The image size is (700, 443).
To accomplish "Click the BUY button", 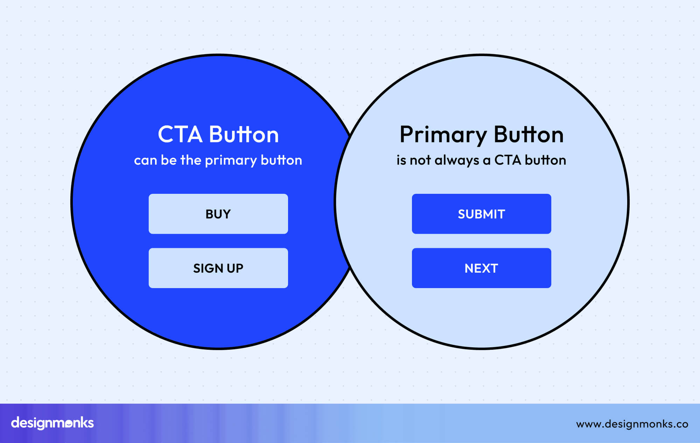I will click(x=218, y=214).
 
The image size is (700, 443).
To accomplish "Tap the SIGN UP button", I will click(x=218, y=268).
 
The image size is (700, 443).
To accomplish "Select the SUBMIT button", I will click(x=481, y=214).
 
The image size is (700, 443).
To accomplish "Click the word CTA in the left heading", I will click(x=180, y=134).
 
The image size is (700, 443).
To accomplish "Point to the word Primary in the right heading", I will click(x=443, y=135).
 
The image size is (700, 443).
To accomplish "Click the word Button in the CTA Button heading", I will click(x=244, y=134).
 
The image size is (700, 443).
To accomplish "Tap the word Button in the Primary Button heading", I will click(x=528, y=134).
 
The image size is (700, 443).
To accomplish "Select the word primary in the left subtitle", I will click(x=231, y=161).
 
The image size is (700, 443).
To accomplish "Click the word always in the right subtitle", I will click(x=457, y=161).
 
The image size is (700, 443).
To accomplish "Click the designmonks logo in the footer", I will click(x=52, y=423).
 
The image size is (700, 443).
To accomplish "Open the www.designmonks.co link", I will click(x=632, y=424).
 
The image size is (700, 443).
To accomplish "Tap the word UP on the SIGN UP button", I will click(x=235, y=268).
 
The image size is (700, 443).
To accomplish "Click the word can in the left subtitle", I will click(x=145, y=161).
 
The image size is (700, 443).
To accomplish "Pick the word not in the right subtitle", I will click(x=420, y=161).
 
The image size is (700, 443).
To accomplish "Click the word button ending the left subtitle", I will click(x=281, y=160).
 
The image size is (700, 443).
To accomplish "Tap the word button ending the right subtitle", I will click(x=545, y=160).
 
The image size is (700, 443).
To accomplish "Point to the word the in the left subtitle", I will click(x=191, y=160).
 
